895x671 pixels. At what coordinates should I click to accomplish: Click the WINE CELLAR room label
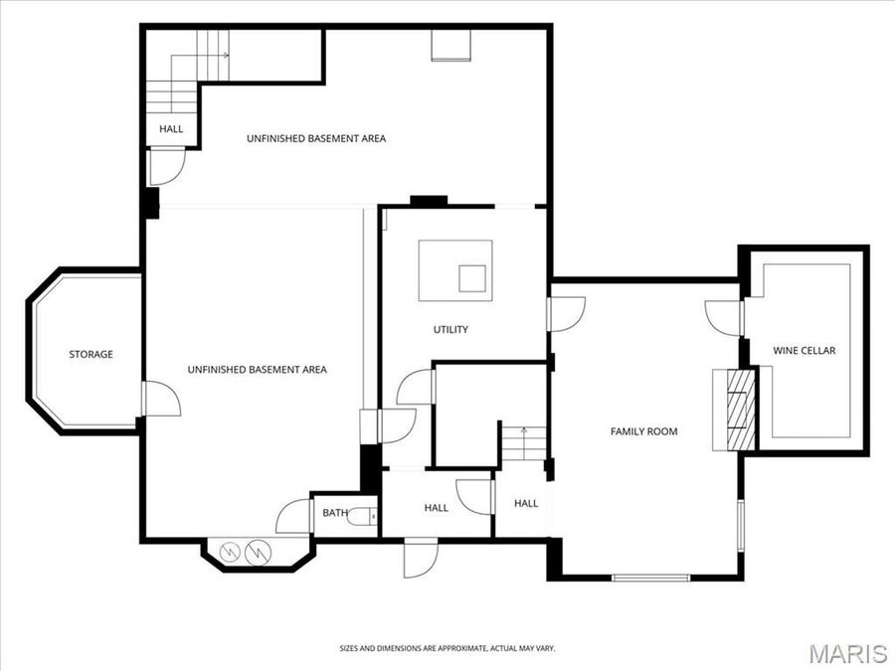pos(805,351)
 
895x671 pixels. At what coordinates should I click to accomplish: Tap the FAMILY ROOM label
pos(643,431)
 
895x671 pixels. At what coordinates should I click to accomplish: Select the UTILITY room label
pos(449,330)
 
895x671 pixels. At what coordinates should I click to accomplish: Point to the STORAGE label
pos(90,355)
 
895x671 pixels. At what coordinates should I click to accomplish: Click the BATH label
pos(334,513)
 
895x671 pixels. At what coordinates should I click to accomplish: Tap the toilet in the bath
pos(371,515)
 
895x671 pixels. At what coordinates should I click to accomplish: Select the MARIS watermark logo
pos(847,653)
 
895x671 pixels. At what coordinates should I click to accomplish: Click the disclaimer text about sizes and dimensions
pos(447,648)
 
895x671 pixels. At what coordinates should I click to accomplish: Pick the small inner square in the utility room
pos(472,277)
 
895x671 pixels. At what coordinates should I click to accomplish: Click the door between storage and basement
pos(159,400)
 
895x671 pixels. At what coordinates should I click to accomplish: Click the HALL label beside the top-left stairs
pos(171,129)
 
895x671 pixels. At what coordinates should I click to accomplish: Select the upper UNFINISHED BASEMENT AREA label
pos(316,139)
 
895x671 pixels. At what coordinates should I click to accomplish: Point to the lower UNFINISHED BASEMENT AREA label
pos(257,370)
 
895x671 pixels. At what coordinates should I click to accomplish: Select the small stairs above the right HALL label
pos(524,442)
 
